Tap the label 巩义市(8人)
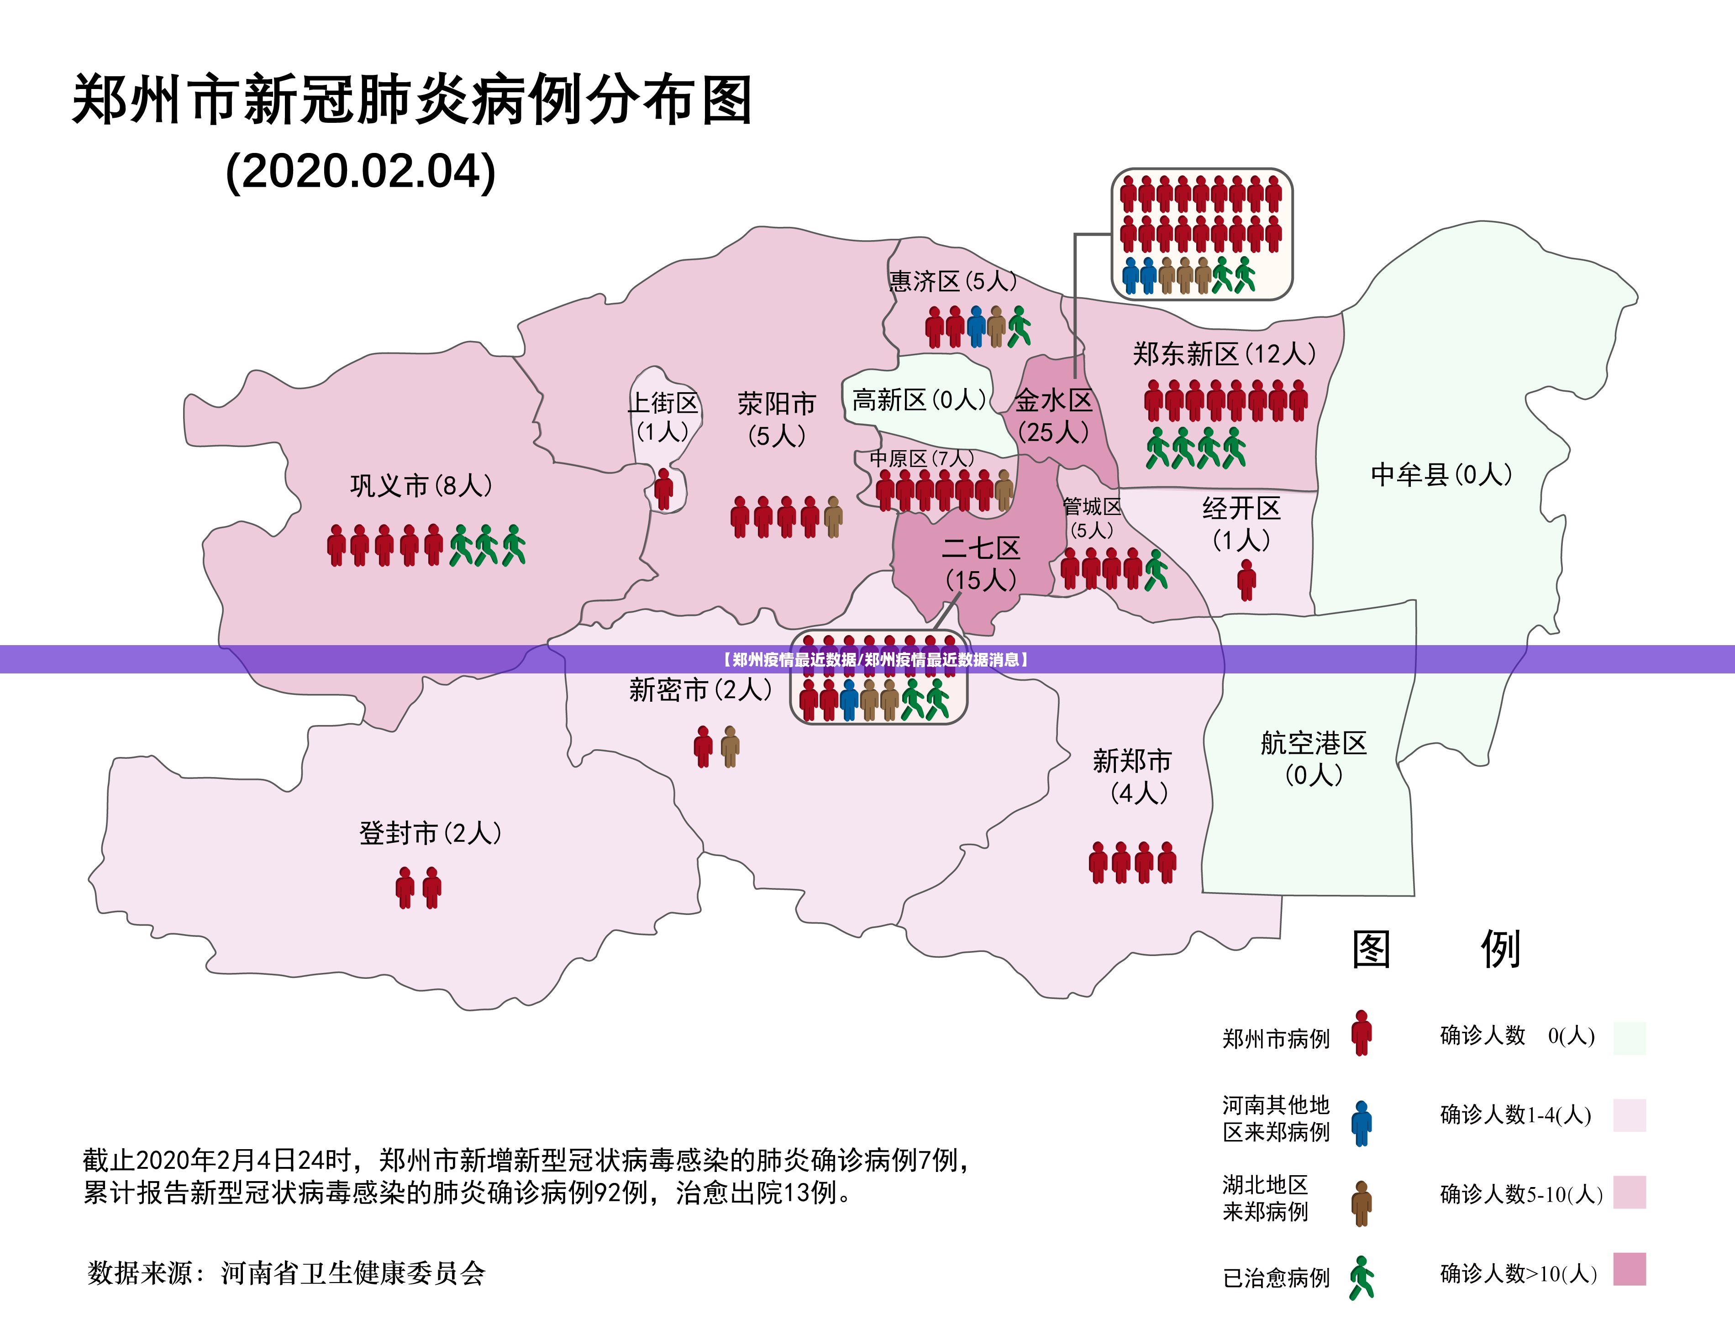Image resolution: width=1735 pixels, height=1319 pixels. tap(421, 486)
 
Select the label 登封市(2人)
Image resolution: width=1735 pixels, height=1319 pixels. tap(430, 833)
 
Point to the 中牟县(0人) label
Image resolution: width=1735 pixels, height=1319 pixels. tap(1441, 475)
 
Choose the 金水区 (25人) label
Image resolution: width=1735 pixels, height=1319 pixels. tap(1054, 416)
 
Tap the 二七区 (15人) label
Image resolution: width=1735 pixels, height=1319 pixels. tap(981, 564)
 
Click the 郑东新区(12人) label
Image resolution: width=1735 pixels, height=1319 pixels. tap(1224, 354)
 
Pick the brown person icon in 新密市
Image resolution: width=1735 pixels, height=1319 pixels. tap(730, 746)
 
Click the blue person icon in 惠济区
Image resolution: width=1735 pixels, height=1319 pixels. tap(976, 326)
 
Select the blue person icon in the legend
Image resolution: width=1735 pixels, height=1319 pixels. tap(1362, 1123)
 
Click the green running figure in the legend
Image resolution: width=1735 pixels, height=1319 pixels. tap(1362, 1277)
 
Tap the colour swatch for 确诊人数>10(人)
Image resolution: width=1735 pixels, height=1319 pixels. tap(1629, 1270)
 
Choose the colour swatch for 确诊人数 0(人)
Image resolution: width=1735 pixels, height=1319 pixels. tap(1629, 1038)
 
